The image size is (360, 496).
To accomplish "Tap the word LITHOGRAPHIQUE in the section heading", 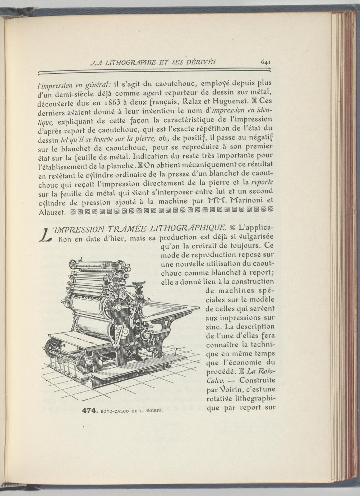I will pos(188,228).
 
